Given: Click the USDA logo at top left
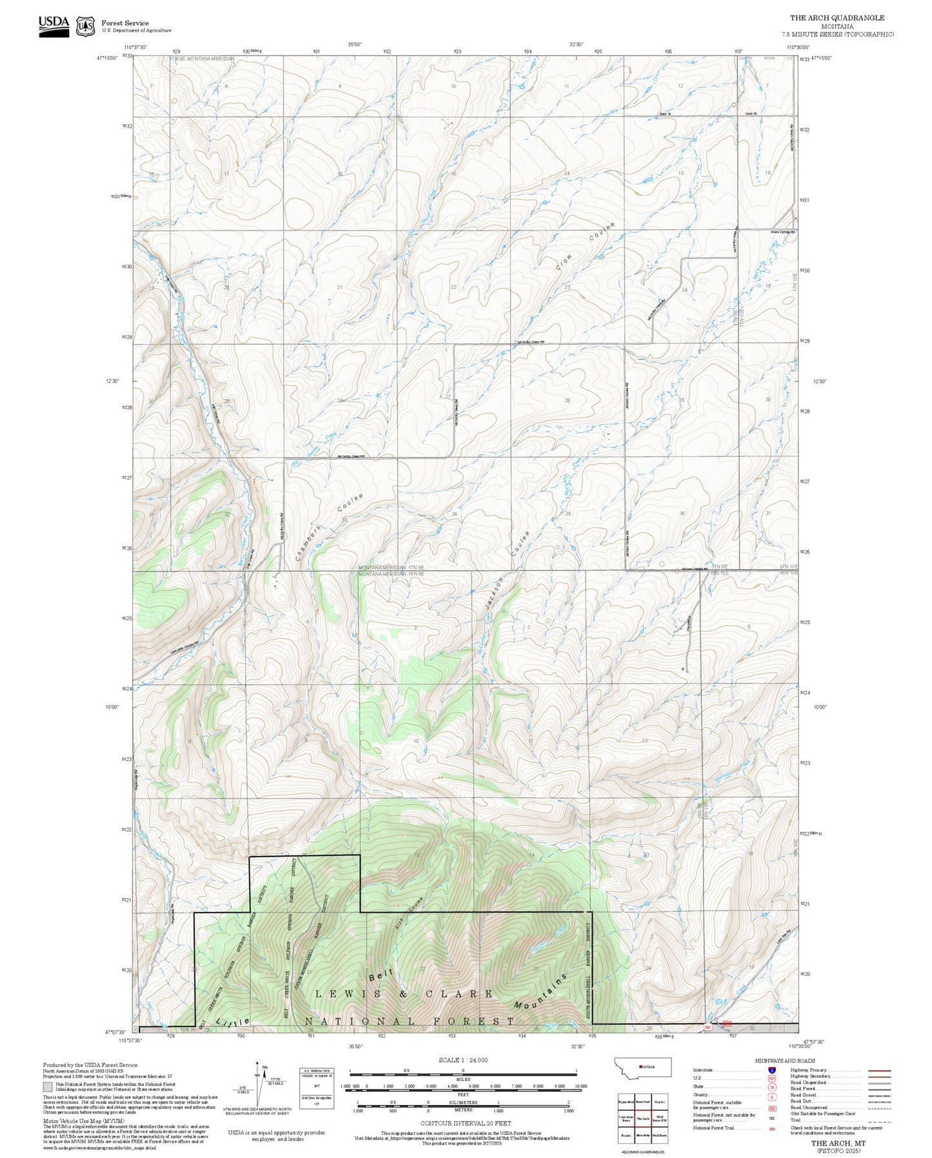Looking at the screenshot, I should [54, 25].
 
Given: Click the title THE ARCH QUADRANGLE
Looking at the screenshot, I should [837, 18].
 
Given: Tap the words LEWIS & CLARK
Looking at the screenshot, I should [404, 993].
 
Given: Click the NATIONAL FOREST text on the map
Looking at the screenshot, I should [409, 1021].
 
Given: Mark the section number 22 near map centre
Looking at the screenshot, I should [453, 287].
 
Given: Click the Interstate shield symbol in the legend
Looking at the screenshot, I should [772, 1070].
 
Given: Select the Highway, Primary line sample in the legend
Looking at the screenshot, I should [880, 1070].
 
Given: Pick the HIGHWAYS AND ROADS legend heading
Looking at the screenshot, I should [784, 1061].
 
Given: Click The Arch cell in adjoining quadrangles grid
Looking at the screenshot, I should [642, 1119].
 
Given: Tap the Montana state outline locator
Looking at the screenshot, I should [643, 1067].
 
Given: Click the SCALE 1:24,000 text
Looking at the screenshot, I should [462, 1060].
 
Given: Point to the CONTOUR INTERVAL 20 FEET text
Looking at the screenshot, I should [462, 1123].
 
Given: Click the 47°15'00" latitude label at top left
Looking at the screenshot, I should [108, 58].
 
